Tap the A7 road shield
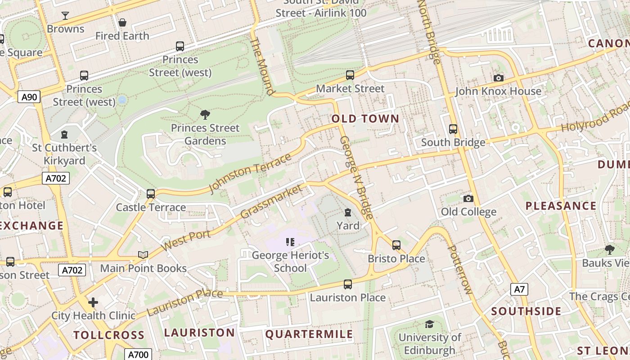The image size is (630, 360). pyautogui.click(x=519, y=289)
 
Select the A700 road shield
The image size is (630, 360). pyautogui.click(x=138, y=354)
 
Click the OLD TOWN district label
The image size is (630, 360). pyautogui.click(x=365, y=119)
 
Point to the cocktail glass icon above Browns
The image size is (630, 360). pyautogui.click(x=65, y=16)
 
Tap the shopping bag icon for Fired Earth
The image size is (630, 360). pyautogui.click(x=122, y=22)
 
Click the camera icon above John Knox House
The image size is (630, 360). pyautogui.click(x=498, y=78)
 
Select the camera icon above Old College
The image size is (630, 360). pyautogui.click(x=468, y=198)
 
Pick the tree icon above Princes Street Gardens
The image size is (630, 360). pyautogui.click(x=205, y=114)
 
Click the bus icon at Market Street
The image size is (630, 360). pyautogui.click(x=350, y=75)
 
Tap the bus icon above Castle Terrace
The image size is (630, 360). pyautogui.click(x=151, y=194)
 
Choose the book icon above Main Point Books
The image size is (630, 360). pyautogui.click(x=143, y=255)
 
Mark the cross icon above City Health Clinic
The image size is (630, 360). pyautogui.click(x=93, y=302)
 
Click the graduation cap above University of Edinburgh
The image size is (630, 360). pyautogui.click(x=430, y=324)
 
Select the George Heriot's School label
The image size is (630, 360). pyautogui.click(x=290, y=261)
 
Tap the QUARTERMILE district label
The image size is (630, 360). pyautogui.click(x=309, y=334)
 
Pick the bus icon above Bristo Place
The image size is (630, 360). pyautogui.click(x=396, y=245)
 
